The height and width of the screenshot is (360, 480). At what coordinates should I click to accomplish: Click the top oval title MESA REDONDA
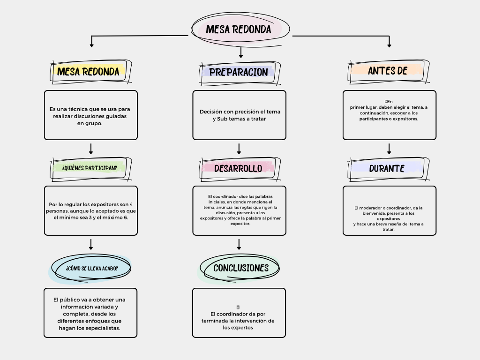240,30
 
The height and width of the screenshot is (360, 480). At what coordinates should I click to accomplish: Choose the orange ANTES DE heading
388,71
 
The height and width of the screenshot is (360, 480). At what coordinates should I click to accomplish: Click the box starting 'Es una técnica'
91,115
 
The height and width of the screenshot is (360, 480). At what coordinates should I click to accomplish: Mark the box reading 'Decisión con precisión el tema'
240,115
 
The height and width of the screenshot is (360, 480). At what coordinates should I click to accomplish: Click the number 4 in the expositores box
131,204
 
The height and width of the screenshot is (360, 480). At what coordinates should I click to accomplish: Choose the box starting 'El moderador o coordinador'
390,210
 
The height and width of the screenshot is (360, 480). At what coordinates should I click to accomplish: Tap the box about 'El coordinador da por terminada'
239,313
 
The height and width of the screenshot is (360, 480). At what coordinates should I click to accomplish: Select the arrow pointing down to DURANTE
389,149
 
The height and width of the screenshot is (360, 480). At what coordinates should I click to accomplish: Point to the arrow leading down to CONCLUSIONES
239,244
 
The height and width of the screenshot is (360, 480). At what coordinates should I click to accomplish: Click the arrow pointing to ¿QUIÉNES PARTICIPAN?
91,149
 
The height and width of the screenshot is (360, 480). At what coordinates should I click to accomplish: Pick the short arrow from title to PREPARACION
241,52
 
